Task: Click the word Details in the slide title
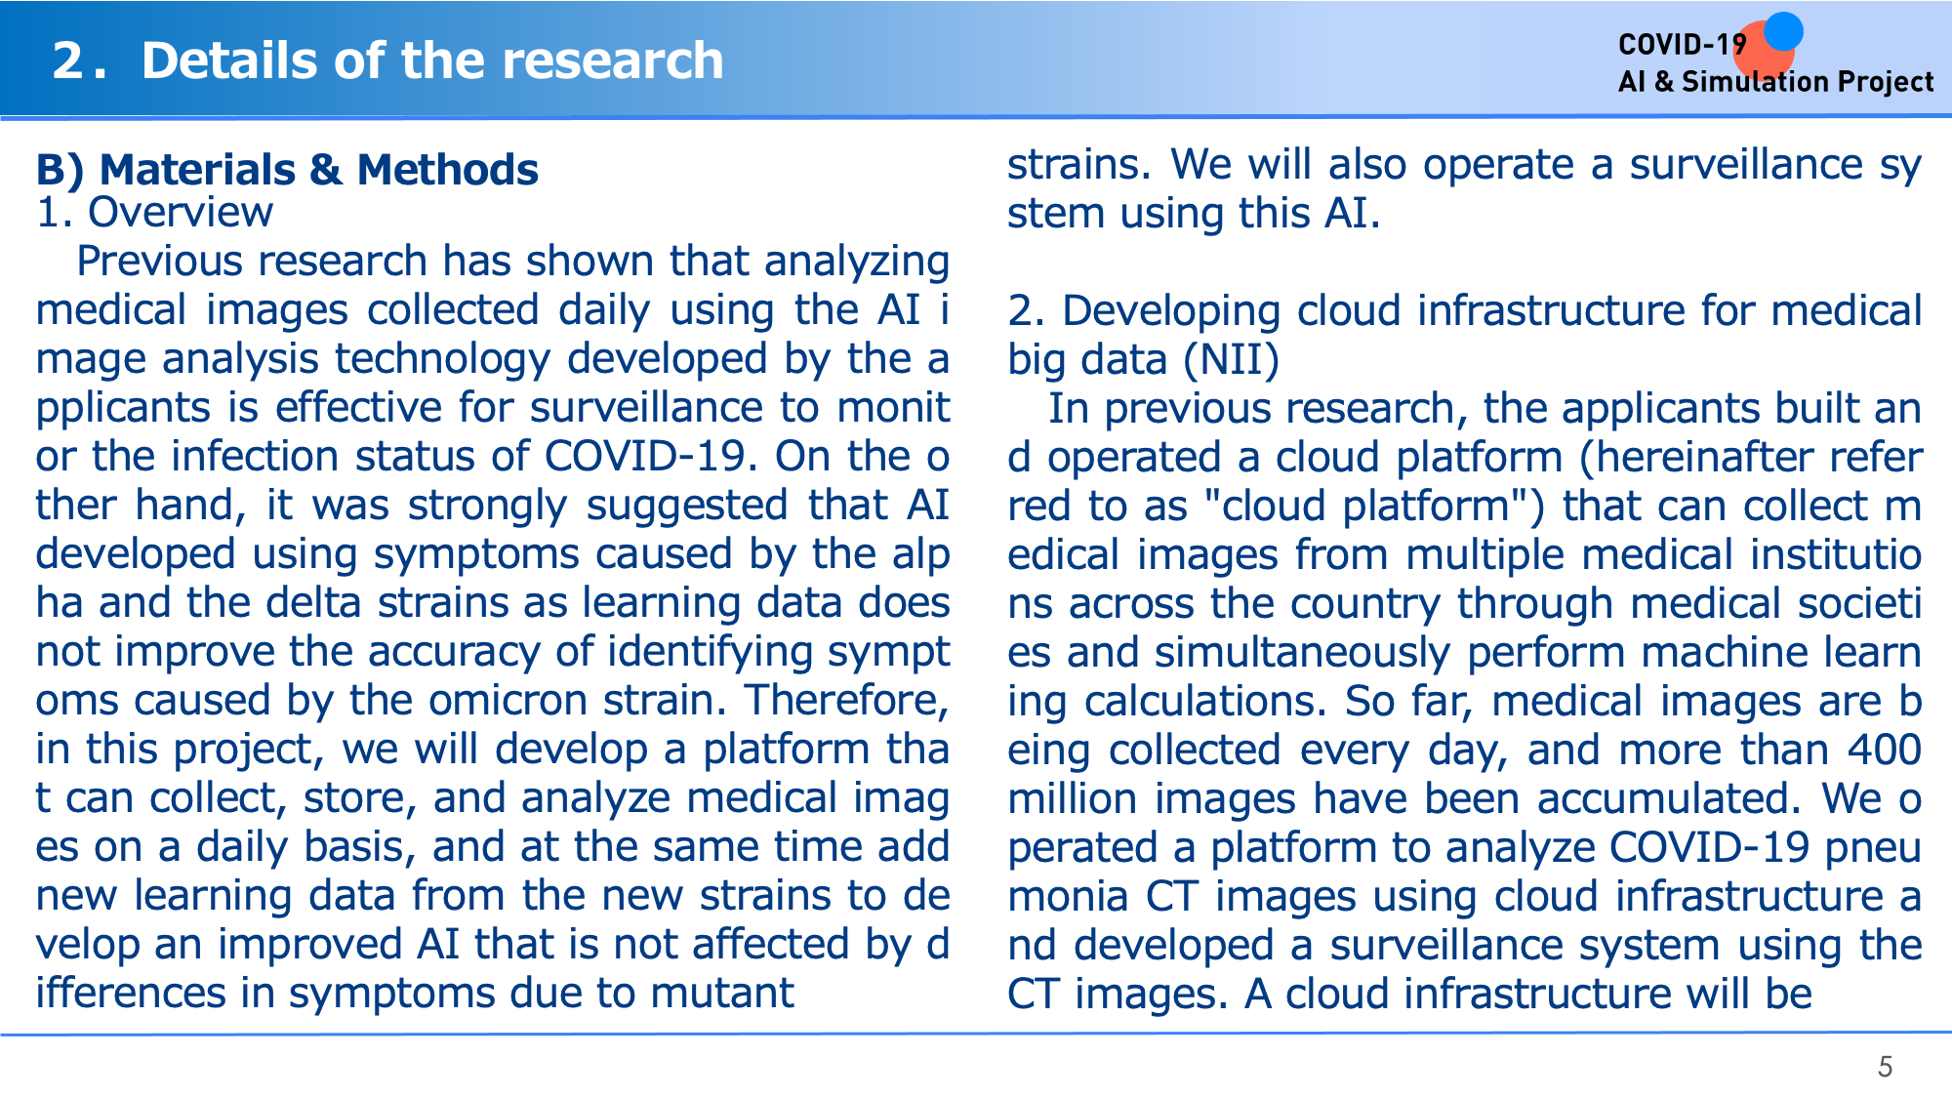click(230, 61)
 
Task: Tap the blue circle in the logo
click(1783, 31)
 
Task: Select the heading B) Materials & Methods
click(287, 170)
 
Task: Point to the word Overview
click(181, 212)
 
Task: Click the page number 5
click(1885, 1067)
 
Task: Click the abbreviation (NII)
click(1231, 360)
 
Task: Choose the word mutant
click(722, 994)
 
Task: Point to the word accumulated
click(1669, 798)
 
